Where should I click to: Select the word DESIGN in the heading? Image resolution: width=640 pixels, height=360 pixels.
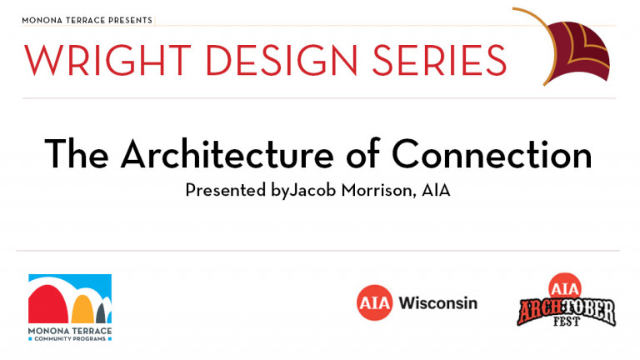(x=282, y=60)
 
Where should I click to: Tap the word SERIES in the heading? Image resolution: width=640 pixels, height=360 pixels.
(x=439, y=60)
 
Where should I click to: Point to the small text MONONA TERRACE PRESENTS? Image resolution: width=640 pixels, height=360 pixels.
(x=87, y=20)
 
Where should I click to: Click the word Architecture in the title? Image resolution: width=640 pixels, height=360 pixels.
(x=227, y=154)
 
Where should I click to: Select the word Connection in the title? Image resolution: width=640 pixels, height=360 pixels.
(x=492, y=154)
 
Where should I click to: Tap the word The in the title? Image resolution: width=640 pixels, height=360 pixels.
(x=77, y=154)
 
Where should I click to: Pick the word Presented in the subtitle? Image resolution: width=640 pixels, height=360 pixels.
(x=225, y=190)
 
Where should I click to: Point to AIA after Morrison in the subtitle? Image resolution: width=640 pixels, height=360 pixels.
(x=436, y=190)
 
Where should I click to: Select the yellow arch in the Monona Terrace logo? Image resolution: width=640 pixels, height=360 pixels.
(x=82, y=309)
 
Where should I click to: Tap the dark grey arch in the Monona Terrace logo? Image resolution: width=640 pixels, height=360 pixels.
(x=101, y=313)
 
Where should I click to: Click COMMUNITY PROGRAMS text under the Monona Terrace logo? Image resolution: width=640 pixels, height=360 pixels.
(x=70, y=339)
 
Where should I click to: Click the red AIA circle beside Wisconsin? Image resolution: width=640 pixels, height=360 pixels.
(x=374, y=302)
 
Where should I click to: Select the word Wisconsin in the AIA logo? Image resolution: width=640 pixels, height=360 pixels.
(x=438, y=302)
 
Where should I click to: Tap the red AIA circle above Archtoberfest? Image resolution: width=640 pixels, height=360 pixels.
(x=565, y=287)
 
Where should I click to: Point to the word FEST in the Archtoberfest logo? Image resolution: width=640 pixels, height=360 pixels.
(x=567, y=321)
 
